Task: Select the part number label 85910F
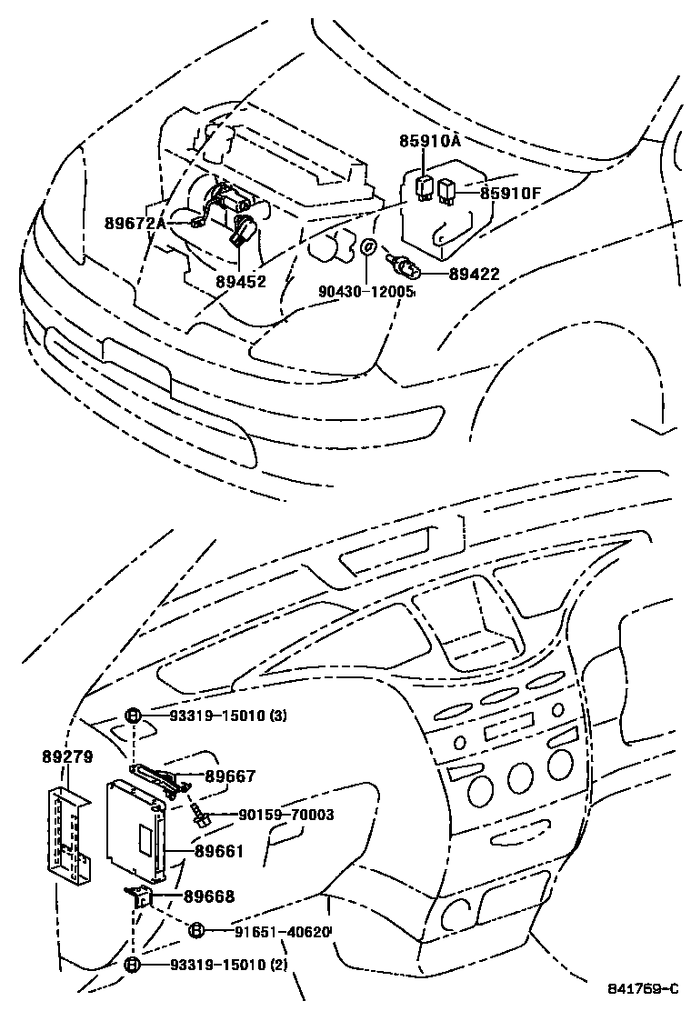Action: pyautogui.click(x=511, y=193)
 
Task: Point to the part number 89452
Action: pyautogui.click(x=241, y=282)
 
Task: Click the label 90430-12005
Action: pyautogui.click(x=366, y=292)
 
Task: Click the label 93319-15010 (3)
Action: pyautogui.click(x=227, y=716)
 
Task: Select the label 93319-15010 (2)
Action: pyautogui.click(x=227, y=965)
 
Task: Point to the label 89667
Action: pyautogui.click(x=230, y=776)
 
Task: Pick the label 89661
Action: pyautogui.click(x=218, y=853)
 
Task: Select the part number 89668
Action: pyautogui.click(x=208, y=896)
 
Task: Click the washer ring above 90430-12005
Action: pyautogui.click(x=366, y=246)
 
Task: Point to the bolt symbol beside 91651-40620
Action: pyautogui.click(x=195, y=929)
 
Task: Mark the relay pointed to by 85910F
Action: pyautogui.click(x=446, y=191)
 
